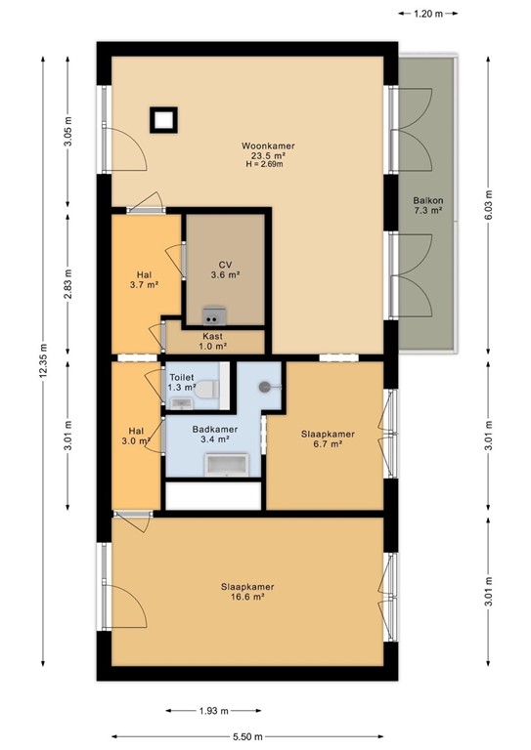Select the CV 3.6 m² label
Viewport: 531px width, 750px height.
225,270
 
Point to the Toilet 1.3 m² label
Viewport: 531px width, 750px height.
183,382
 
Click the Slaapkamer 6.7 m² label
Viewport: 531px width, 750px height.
328,438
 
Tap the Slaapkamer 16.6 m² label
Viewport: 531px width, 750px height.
246,591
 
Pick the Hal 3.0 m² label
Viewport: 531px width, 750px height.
138,436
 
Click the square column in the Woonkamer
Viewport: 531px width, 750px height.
163,119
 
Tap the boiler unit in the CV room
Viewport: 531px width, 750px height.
211,314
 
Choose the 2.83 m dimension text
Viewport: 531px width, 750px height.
67,284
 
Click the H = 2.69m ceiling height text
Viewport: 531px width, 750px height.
265,164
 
